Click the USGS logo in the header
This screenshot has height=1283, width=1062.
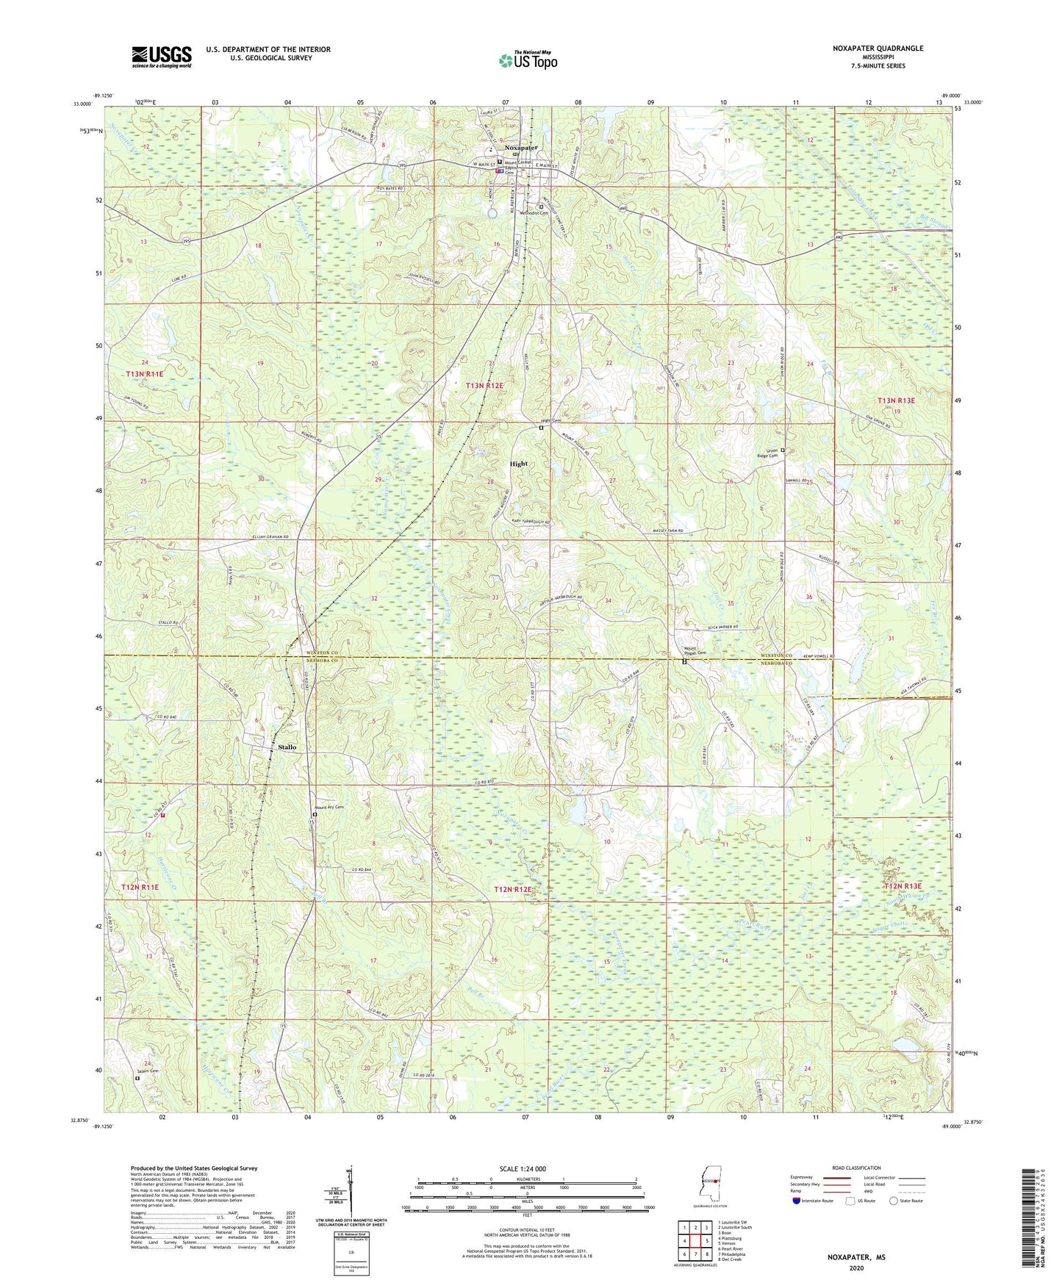click(x=161, y=57)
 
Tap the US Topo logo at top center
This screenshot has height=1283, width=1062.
click(x=528, y=60)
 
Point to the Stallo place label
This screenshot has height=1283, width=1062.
click(x=287, y=747)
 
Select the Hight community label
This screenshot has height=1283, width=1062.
click(x=519, y=464)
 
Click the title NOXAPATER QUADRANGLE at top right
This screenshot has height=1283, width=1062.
click(x=878, y=48)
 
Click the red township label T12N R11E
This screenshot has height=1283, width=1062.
click(x=140, y=887)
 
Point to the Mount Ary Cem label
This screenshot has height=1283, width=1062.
click(x=330, y=807)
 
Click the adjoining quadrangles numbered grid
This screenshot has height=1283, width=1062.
click(x=695, y=1240)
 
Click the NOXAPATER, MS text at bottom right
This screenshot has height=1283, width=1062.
click(x=855, y=1257)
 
